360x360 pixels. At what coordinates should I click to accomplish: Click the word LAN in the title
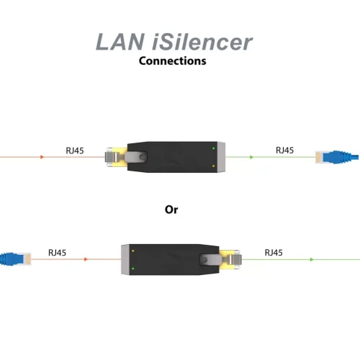click(120, 42)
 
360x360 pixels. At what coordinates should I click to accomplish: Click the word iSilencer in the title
click(202, 42)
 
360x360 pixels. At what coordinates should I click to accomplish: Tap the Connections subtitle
click(172, 60)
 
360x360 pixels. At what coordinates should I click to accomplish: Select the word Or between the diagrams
click(171, 210)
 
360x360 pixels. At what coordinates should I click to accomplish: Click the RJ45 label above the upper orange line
click(75, 150)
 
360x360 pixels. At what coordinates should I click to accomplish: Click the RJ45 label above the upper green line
click(284, 150)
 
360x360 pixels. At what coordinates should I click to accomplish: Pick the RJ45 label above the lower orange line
click(57, 253)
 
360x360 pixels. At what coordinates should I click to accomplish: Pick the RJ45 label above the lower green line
click(274, 253)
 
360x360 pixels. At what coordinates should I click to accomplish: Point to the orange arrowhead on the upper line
click(42, 157)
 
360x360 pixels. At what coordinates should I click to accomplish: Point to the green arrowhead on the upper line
click(251, 157)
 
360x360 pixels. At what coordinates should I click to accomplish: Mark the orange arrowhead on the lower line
click(86, 259)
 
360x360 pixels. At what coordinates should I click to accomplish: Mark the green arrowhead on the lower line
click(312, 259)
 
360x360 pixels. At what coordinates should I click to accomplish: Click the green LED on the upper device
click(213, 148)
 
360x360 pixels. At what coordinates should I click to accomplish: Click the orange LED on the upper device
click(213, 166)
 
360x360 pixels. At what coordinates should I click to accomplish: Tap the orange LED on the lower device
click(132, 251)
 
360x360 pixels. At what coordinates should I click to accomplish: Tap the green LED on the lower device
click(132, 269)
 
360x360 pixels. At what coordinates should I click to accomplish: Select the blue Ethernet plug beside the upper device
click(337, 157)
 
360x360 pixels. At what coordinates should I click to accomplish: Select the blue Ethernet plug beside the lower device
click(16, 259)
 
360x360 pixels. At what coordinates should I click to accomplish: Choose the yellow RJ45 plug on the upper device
click(117, 157)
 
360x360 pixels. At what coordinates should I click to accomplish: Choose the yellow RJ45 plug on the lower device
click(230, 259)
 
